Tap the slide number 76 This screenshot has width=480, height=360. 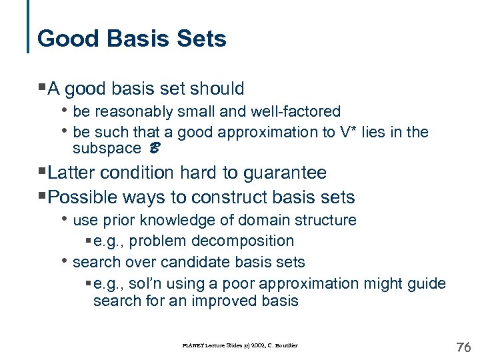[x=463, y=347]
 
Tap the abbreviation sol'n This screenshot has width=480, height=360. [x=145, y=283]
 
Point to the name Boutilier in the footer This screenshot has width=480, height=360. [x=283, y=345]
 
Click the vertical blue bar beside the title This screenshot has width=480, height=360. [x=29, y=27]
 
